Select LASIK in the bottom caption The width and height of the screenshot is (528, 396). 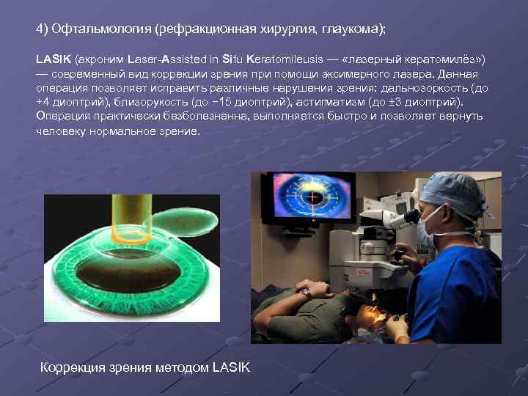click(230, 367)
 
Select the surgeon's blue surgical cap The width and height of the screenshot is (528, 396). click(452, 191)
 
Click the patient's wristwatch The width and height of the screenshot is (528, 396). click(307, 292)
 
